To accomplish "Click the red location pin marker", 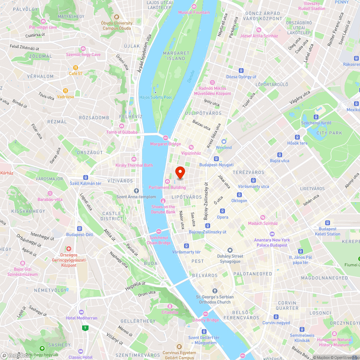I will (180, 172).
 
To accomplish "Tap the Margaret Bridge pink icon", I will (166, 138).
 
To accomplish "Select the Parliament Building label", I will (167, 187).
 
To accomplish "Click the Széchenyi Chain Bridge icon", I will (158, 231).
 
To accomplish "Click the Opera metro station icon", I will (222, 211).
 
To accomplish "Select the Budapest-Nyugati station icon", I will (216, 158).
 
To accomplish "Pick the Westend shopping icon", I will (224, 141).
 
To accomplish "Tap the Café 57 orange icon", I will (76, 67).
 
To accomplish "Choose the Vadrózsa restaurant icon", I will (66, 91).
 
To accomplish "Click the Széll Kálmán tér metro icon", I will (86, 177).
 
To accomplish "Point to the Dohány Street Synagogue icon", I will (230, 250).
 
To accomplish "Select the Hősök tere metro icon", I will (297, 137).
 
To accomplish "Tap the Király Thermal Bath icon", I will (134, 159).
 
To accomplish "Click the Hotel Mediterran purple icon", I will (81, 312).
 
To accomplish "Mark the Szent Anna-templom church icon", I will (136, 190).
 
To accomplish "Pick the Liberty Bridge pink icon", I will (206, 314).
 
